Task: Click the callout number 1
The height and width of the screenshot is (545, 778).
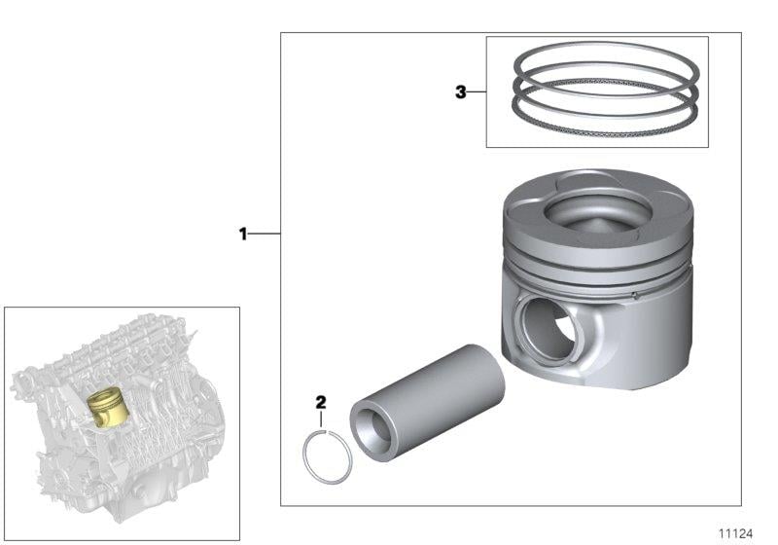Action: pos(242,234)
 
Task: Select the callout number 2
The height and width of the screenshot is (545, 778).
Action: pos(321,402)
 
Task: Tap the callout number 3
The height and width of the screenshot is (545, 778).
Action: pos(461,91)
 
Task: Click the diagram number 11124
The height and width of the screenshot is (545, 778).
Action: pos(736,533)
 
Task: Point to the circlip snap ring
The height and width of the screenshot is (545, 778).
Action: pos(304,456)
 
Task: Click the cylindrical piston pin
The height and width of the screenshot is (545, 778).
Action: pos(428,403)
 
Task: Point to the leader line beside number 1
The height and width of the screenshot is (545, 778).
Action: pos(264,234)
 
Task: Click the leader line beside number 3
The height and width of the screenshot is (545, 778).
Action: pos(477,91)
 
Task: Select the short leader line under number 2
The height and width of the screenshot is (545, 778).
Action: pos(321,418)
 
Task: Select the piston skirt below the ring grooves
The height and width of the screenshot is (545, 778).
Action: pos(645,338)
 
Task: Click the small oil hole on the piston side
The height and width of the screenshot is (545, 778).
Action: pos(635,296)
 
